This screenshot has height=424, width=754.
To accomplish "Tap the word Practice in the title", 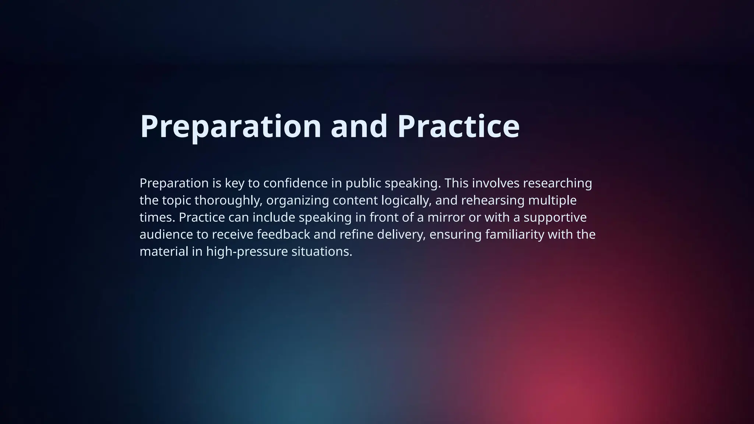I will (458, 127).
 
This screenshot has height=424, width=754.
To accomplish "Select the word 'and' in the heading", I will (359, 127).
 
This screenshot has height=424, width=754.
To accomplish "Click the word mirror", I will (446, 218).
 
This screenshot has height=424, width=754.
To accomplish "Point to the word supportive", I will (555, 218).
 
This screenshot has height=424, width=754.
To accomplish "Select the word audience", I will (166, 234).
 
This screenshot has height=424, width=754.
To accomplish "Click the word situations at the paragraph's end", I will (322, 252).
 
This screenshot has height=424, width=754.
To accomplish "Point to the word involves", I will (496, 183).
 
